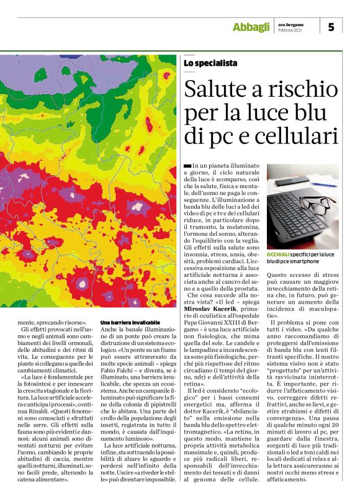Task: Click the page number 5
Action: (x=331, y=27)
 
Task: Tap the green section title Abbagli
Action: (x=251, y=27)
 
